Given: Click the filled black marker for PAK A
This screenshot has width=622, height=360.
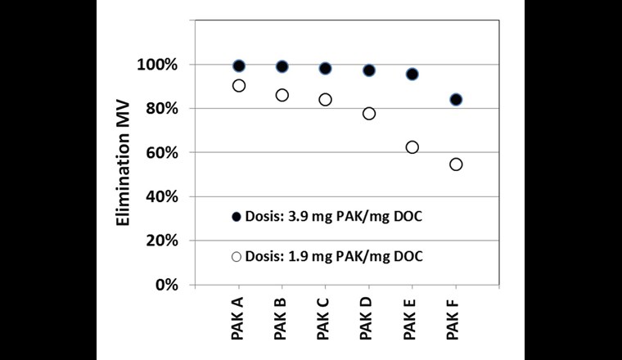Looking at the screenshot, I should pos(239,65).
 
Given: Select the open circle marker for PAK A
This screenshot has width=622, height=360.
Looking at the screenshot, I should pos(239,85).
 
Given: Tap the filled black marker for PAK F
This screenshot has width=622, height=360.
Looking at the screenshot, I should pos(456,100).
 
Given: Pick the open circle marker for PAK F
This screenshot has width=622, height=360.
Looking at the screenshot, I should pos(456,164).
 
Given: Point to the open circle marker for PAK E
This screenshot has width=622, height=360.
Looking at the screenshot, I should pos(412,147).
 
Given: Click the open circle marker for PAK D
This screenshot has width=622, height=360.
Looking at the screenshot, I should pos(369,113).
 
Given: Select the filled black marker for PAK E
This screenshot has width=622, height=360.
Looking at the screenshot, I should pos(412,74).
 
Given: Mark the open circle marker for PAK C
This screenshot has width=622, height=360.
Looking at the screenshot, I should pos(325,99).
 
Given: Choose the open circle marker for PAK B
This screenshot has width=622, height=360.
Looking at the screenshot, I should pos(282,95).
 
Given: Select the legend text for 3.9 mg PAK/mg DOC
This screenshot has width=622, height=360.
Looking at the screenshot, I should pos(332,217).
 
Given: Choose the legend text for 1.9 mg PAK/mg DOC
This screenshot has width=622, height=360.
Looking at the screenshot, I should pos(332,256).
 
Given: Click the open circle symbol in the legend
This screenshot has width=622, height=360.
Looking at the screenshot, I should pos(237,256).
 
